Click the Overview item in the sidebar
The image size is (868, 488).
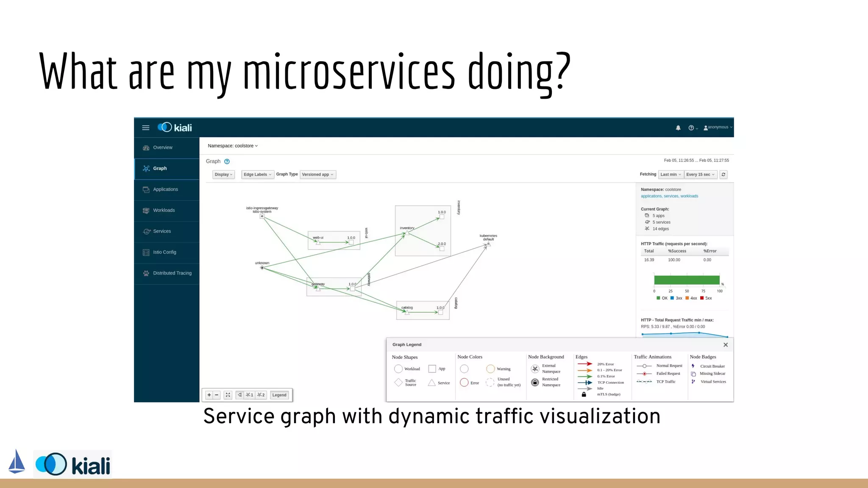pos(162,147)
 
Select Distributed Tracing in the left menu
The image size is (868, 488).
pos(172,273)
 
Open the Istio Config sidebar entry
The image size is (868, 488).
pos(164,252)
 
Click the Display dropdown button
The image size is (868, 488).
pos(223,175)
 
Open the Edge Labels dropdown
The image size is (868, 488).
pos(257,175)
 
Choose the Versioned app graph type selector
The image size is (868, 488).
pos(317,175)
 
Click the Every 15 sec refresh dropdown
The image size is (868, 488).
pos(700,175)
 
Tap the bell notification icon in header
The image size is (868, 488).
pos(678,128)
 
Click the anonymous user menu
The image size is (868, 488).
pos(718,127)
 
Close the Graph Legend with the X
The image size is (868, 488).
pos(726,345)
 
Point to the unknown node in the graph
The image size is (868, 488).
pos(262,267)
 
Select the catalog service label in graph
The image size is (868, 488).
pos(407,308)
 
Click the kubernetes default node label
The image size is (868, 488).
pos(488,237)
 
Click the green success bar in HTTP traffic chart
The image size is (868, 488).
pos(687,280)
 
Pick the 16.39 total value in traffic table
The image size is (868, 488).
pos(649,260)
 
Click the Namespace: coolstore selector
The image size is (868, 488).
pos(232,146)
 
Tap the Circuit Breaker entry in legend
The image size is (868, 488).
pos(712,366)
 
